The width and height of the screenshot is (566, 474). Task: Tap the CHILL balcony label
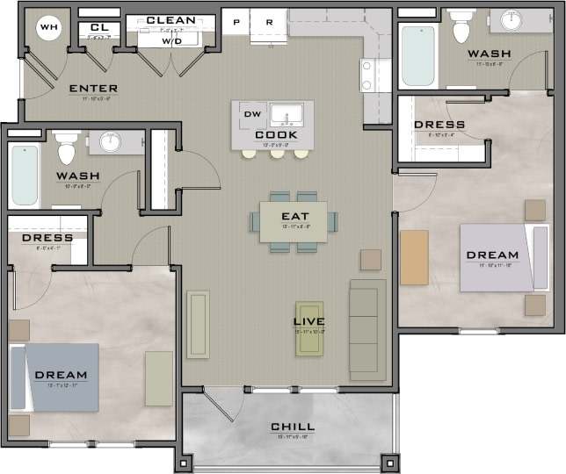tap(293, 427)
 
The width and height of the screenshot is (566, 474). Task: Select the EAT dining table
tap(293, 220)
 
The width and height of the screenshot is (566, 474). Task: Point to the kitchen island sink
tap(287, 114)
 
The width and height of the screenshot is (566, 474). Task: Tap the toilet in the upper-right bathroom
tap(461, 29)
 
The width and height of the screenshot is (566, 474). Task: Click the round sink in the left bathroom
tap(109, 142)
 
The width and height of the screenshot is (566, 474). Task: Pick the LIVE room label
tap(309, 322)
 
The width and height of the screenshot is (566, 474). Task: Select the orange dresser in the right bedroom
tap(414, 257)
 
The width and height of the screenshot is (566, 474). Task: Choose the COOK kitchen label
tap(276, 134)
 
